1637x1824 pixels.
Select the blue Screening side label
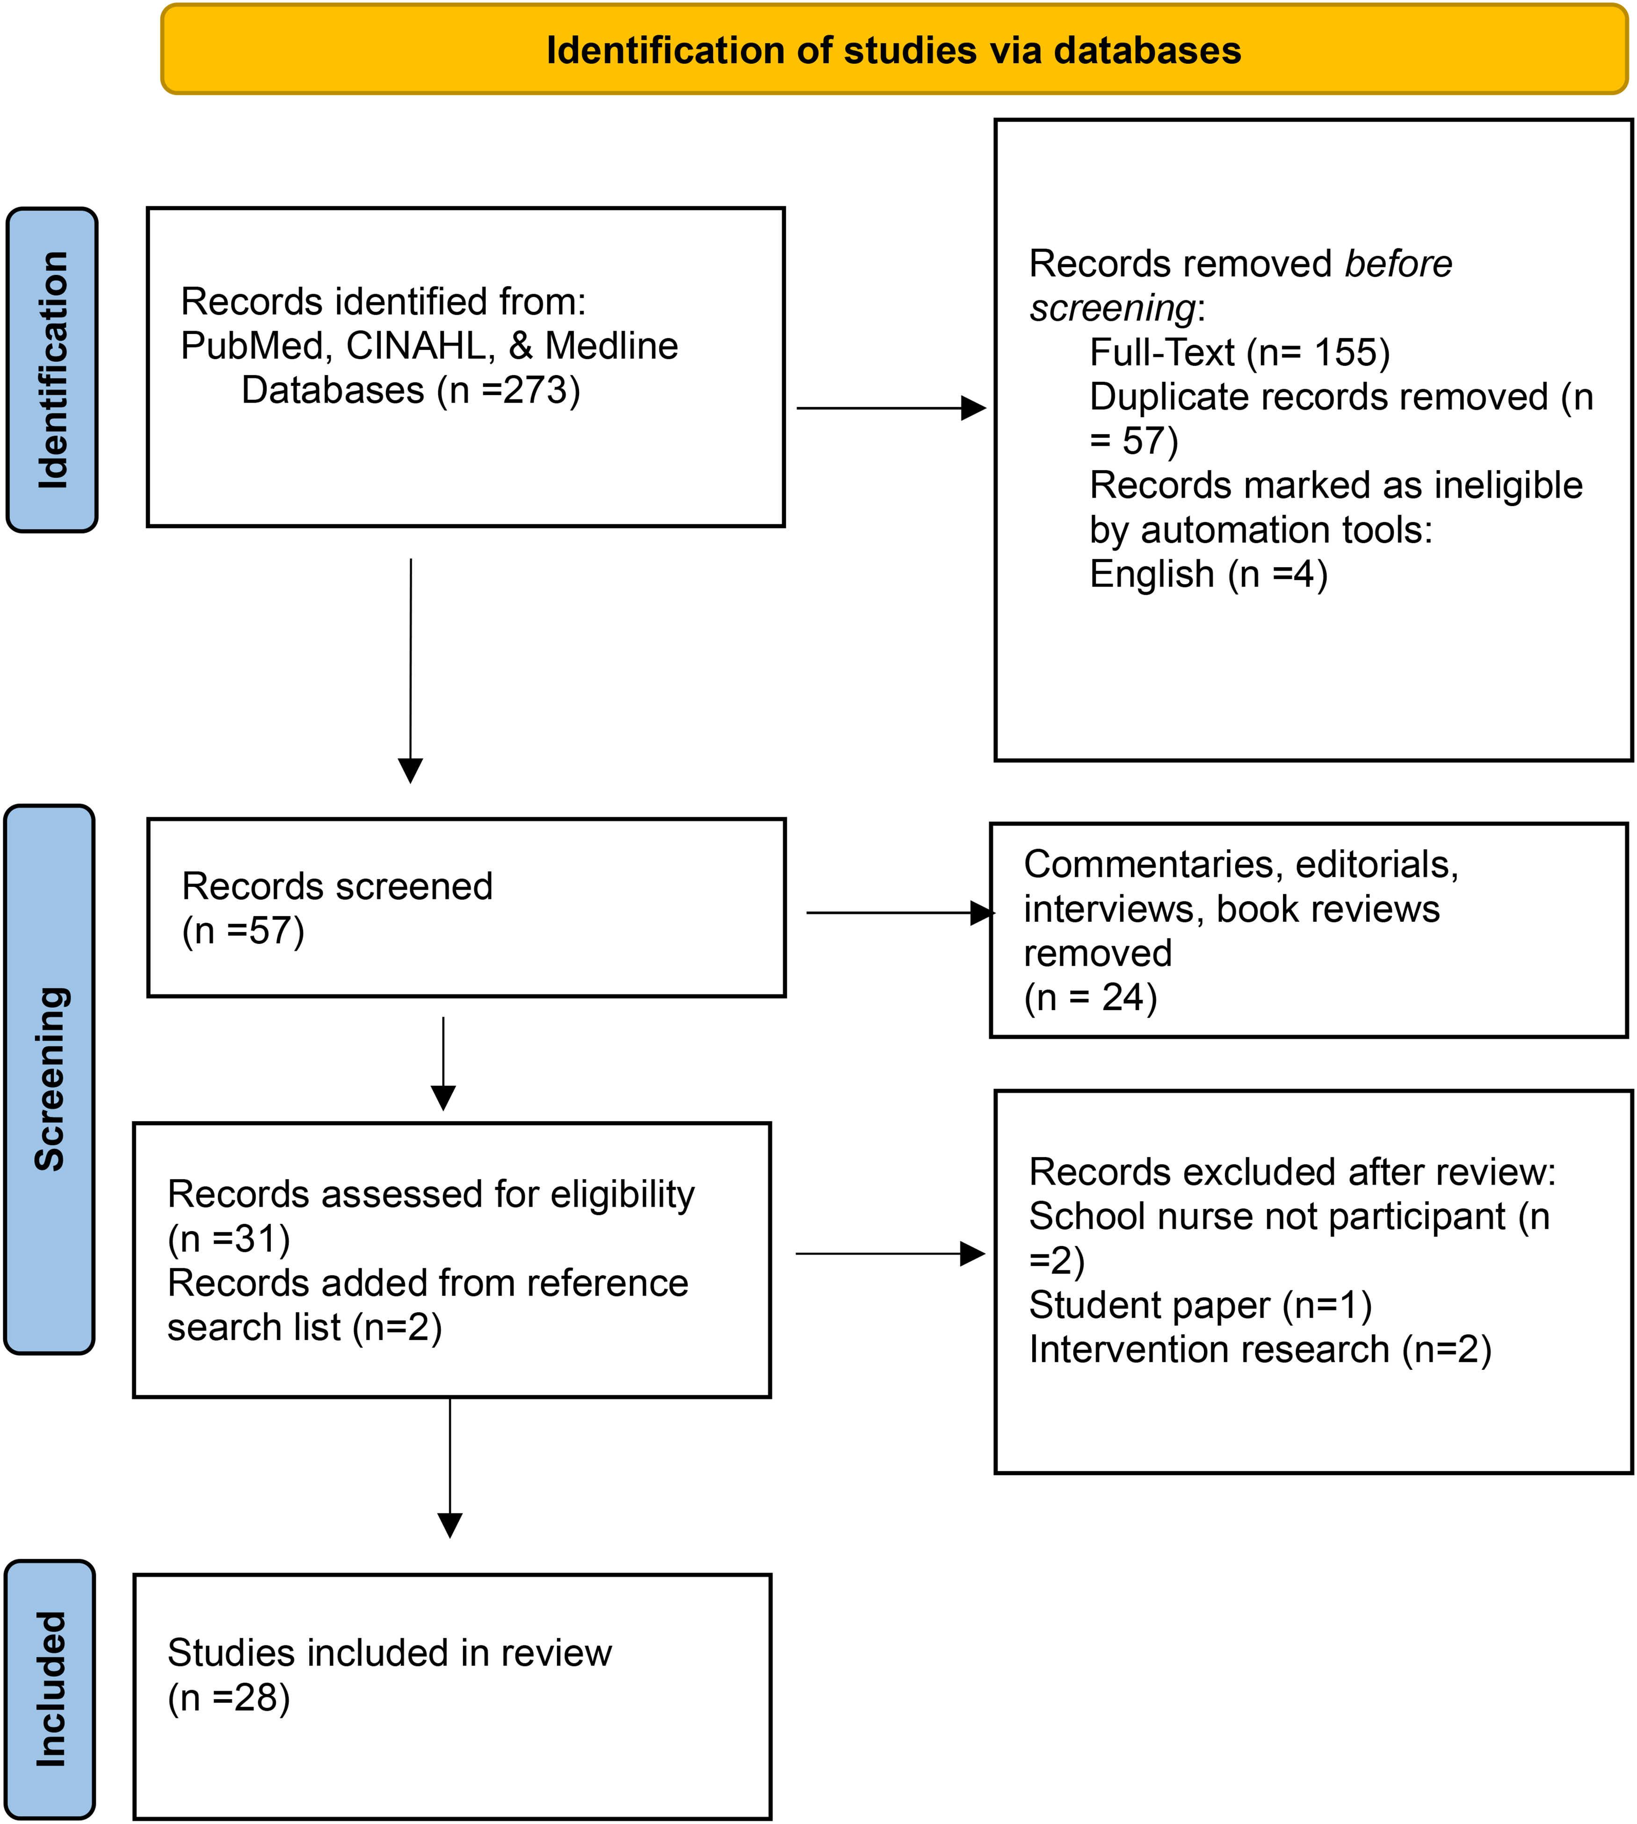[x=50, y=1079]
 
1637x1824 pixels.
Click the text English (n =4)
[x=1208, y=574]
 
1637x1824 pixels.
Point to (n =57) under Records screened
[x=243, y=931]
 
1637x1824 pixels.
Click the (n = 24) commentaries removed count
[x=1090, y=998]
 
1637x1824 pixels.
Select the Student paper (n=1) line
[x=1200, y=1305]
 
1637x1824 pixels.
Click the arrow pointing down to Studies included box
[x=450, y=1468]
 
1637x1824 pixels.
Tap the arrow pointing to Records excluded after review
[x=891, y=1254]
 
